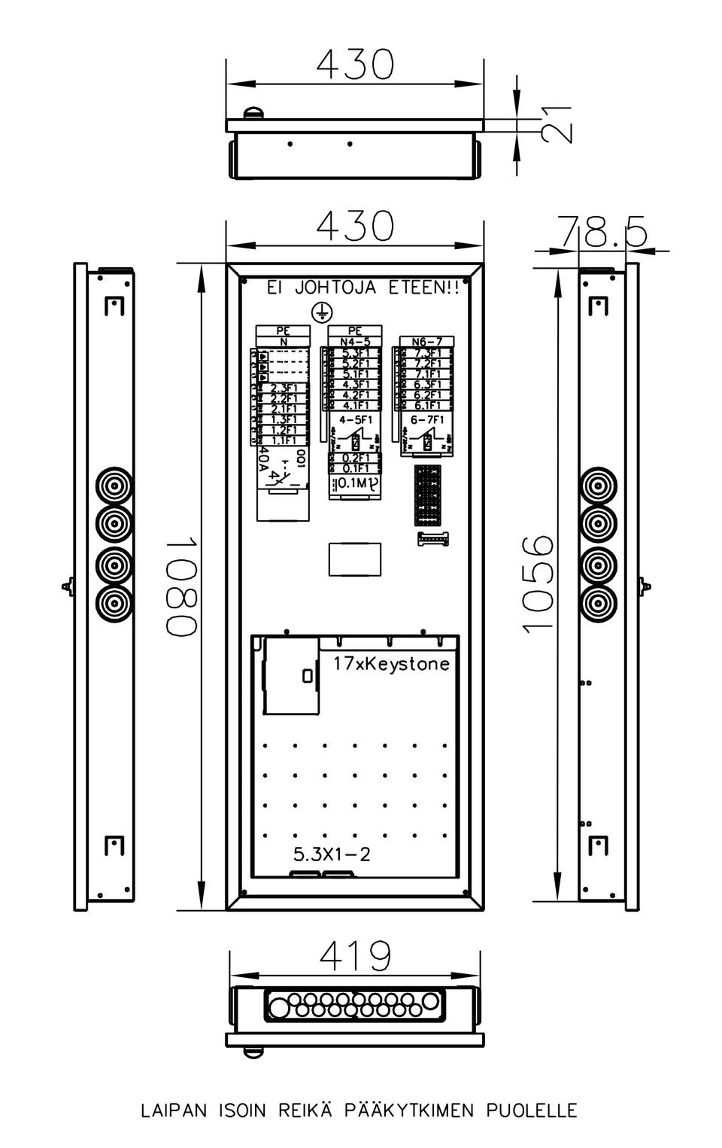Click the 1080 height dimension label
183,586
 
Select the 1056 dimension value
539,583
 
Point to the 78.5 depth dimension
602,231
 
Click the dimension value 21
557,123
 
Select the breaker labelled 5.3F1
355,353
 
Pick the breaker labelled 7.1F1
427,374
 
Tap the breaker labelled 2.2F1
284,398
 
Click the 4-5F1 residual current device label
355,420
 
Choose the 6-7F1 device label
427,420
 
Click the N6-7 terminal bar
427,342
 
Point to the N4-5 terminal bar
355,342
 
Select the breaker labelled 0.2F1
355,458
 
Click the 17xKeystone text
391,664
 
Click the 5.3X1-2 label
332,854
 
